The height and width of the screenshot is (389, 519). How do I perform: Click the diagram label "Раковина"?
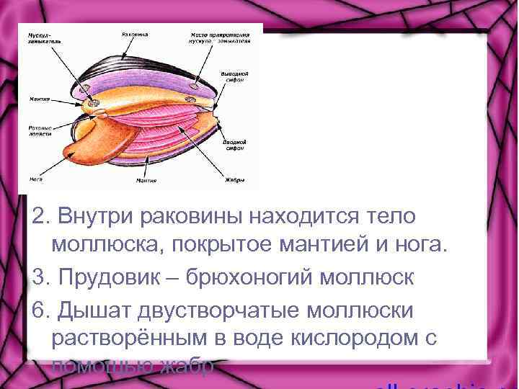pyautogui.click(x=136, y=34)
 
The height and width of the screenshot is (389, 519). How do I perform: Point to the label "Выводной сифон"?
pyautogui.click(x=235, y=76)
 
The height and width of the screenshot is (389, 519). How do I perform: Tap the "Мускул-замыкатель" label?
pyautogui.click(x=40, y=36)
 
